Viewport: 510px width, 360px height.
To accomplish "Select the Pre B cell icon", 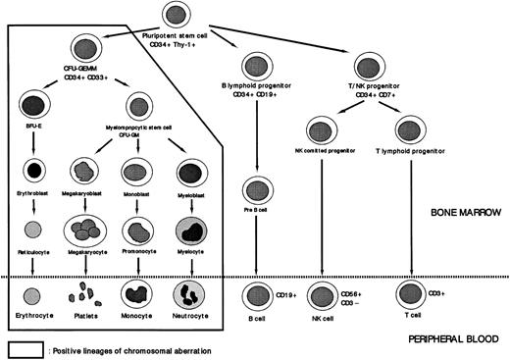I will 259,189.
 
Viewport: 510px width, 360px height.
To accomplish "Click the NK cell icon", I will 325,293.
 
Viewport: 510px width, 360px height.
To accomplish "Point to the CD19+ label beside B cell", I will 288,291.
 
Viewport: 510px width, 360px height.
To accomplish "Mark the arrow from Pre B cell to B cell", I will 259,245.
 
